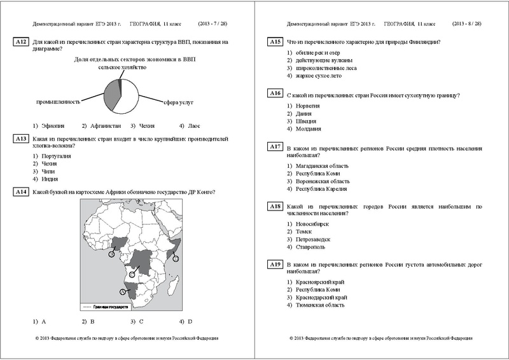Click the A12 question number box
[x=20, y=43]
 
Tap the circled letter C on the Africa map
[x=132, y=273]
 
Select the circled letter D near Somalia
[x=176, y=258]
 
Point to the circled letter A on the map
[x=122, y=291]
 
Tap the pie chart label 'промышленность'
[x=58, y=102]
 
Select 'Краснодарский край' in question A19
[x=321, y=297]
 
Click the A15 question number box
[x=274, y=42]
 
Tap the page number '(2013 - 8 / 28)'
[x=467, y=24]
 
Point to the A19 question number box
[x=274, y=264]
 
